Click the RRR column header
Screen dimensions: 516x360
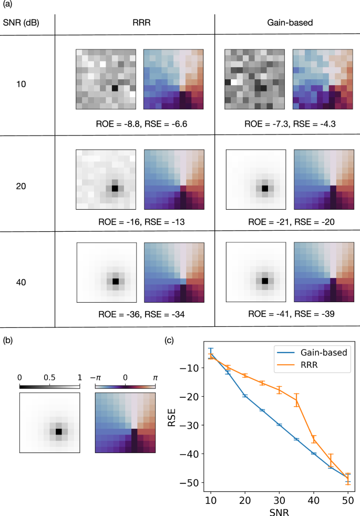tap(135, 24)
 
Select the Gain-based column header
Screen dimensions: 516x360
tap(287, 24)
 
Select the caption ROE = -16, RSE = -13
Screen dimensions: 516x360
tap(135, 222)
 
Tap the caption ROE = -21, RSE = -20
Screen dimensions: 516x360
tap(287, 222)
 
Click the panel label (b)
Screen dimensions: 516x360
tap(9, 340)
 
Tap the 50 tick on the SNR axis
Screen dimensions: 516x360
tap(347, 498)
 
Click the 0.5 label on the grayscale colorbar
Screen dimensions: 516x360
tap(49, 378)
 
